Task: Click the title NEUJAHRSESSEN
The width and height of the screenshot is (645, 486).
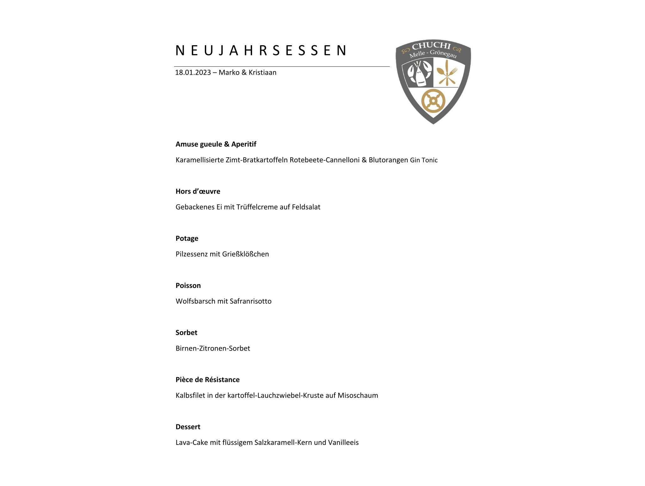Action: tap(261, 50)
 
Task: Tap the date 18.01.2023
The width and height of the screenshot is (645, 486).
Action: tap(193, 72)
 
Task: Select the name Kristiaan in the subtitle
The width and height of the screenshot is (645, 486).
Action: tap(262, 72)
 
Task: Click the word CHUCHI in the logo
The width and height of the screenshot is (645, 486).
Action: tap(431, 46)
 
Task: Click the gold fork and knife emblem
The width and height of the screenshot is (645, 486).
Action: tap(447, 74)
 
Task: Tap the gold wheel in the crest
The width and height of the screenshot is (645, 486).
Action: tap(433, 101)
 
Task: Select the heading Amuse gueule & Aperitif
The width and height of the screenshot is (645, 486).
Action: tap(216, 144)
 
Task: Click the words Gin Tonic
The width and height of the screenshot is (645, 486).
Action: tap(424, 160)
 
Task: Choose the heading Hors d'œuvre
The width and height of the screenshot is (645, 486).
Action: tap(198, 191)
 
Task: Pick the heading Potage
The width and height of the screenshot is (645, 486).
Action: tap(187, 239)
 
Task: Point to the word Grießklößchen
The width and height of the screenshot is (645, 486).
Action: tap(245, 254)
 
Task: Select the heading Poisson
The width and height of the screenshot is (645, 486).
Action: tap(188, 286)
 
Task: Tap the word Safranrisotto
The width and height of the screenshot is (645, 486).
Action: tap(250, 301)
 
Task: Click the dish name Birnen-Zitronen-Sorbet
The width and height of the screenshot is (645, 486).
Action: tap(213, 348)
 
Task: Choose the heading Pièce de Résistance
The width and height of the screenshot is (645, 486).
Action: tap(207, 380)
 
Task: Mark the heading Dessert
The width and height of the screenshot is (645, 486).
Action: tap(188, 427)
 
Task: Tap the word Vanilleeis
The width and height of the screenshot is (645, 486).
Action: tap(343, 443)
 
